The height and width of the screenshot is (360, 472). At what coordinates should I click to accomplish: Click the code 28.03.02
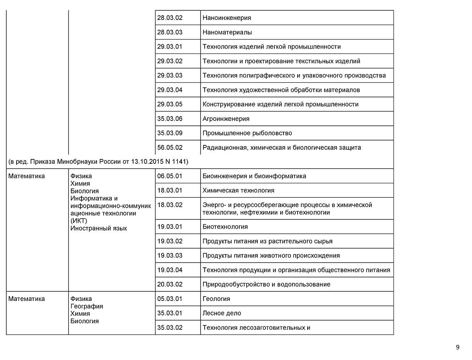(x=170, y=18)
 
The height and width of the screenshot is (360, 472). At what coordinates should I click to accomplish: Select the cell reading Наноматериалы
(x=227, y=32)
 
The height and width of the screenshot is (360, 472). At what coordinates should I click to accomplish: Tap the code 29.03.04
(x=170, y=90)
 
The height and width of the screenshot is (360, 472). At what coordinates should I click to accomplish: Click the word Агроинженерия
(x=226, y=118)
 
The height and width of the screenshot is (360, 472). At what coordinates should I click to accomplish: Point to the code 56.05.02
(x=170, y=148)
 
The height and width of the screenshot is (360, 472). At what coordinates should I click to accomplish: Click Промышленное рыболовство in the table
(x=247, y=133)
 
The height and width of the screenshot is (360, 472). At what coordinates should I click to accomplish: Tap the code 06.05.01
(x=170, y=176)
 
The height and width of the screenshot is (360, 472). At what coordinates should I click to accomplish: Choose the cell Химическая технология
(x=238, y=190)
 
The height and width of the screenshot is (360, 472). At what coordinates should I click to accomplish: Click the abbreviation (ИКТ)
(x=79, y=221)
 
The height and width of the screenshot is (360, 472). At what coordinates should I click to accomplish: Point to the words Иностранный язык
(x=98, y=228)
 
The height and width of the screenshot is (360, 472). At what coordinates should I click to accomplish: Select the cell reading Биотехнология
(x=225, y=226)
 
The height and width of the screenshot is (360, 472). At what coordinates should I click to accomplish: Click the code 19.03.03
(x=170, y=255)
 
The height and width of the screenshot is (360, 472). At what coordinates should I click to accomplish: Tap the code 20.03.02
(x=170, y=284)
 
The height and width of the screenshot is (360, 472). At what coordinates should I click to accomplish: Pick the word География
(x=87, y=306)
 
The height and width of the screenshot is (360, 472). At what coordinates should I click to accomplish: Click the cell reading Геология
(x=216, y=299)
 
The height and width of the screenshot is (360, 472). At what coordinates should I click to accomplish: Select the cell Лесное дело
(x=222, y=313)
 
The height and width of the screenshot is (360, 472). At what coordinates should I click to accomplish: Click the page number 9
(x=458, y=347)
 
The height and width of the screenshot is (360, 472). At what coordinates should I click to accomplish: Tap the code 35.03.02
(x=170, y=328)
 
